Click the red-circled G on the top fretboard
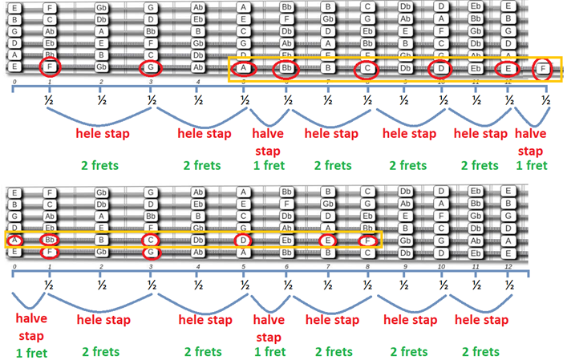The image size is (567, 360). point(151,67)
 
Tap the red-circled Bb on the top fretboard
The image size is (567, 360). point(286,68)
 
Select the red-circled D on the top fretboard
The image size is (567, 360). point(441,68)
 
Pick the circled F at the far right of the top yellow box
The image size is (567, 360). point(545,68)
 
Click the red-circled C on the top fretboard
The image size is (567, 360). point(367,68)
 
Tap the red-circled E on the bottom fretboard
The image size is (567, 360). point(327,240)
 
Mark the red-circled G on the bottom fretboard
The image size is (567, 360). point(151,253)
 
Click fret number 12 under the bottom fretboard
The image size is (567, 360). point(507,265)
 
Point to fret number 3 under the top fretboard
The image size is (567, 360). point(151,83)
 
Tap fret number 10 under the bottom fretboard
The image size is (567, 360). point(441,265)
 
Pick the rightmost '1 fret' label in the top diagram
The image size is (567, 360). point(531,166)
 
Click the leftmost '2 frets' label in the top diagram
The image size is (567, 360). point(101,166)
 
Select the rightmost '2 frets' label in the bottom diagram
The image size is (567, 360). point(480,351)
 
